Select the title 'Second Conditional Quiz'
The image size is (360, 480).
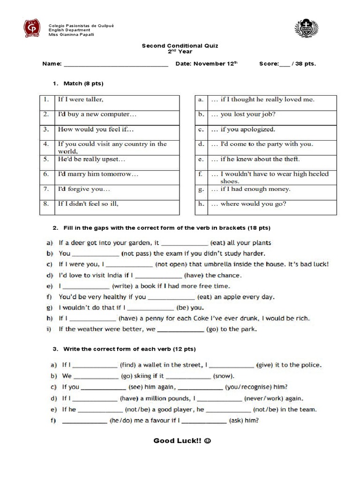click(180, 46)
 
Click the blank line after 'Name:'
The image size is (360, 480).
click(115, 64)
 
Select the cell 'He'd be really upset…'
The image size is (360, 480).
click(91, 159)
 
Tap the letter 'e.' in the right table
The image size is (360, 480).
click(201, 159)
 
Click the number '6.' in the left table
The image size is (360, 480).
click(46, 174)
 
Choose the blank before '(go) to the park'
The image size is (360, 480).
click(180, 330)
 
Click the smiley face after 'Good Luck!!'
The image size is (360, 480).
click(208, 441)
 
